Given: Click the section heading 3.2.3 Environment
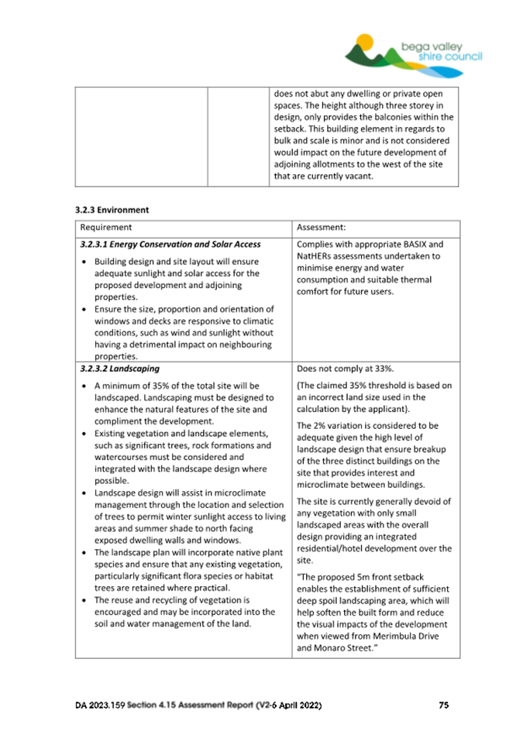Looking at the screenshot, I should (x=112, y=209).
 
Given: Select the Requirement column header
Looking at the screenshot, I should (x=105, y=228).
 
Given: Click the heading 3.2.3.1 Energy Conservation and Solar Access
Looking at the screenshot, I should (x=170, y=244).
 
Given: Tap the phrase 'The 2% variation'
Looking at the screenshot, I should (x=332, y=425).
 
